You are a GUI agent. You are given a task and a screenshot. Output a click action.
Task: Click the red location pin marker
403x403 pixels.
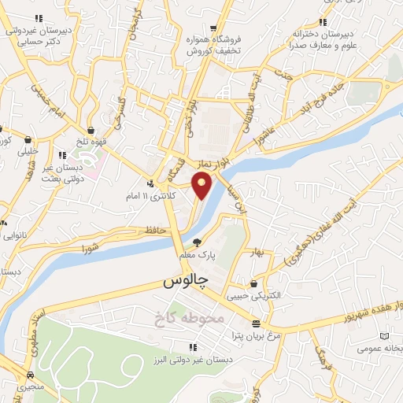[203, 187]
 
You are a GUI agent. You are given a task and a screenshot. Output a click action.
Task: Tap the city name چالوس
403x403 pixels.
[185, 280]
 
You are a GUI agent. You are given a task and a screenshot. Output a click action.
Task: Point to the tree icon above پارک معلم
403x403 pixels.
[197, 242]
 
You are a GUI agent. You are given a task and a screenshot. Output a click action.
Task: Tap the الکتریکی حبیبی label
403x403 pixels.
[253, 297]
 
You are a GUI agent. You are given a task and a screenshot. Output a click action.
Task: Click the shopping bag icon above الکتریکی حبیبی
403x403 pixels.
[253, 283]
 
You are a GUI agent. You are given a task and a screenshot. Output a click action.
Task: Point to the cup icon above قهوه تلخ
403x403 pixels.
[91, 130]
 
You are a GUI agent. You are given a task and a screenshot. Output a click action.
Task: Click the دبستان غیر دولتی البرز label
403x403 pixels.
[192, 359]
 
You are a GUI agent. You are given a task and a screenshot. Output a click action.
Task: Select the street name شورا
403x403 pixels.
[92, 248]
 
